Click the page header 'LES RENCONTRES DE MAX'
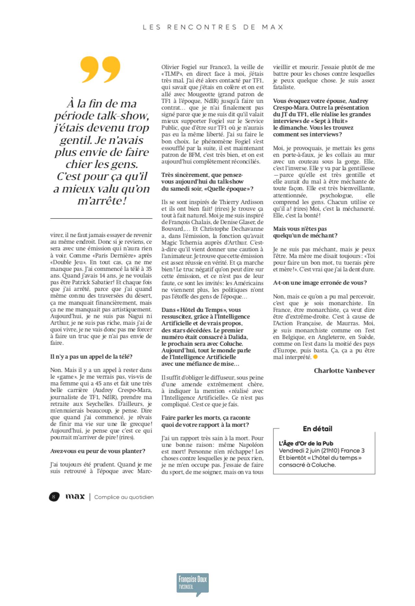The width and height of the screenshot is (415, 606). [213, 27]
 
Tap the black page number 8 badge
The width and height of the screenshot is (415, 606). [54, 497]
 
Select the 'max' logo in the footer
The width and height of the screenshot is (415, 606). [75, 497]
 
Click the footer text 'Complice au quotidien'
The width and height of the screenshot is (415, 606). [124, 497]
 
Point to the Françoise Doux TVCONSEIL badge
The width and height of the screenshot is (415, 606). [193, 585]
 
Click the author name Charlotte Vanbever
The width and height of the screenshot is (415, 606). [344, 371]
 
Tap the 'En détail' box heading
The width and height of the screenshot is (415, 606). [317, 429]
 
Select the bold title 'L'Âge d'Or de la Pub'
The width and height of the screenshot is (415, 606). [306, 443]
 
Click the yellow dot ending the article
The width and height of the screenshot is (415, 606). [315, 357]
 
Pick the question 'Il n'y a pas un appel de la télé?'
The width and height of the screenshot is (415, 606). [91, 356]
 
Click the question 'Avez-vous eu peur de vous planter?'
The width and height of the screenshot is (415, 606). [98, 451]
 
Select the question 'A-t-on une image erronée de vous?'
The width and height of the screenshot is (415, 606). [320, 283]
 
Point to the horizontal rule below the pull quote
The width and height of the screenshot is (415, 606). [101, 219]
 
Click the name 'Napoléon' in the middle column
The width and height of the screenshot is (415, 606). [251, 445]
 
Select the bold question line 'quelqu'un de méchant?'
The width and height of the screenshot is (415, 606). [305, 235]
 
